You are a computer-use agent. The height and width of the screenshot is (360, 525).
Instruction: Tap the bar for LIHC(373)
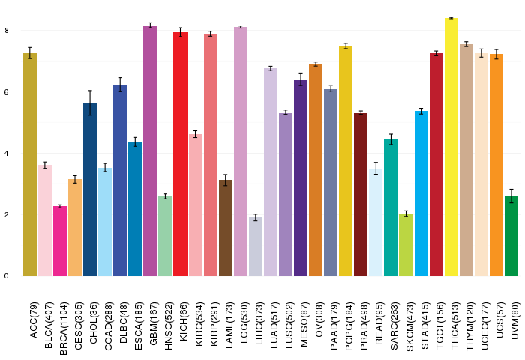click(256, 247)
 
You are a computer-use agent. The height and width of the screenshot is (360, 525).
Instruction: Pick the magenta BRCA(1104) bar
click(60, 241)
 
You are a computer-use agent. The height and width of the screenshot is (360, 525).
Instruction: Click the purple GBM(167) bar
click(150, 151)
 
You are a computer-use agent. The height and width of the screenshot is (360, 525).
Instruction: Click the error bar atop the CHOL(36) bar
click(90, 103)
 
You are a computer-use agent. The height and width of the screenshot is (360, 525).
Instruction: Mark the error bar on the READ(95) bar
click(376, 169)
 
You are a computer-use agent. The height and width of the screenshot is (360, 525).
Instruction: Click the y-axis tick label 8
click(6, 31)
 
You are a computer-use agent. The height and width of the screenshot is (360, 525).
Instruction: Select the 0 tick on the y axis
click(6, 276)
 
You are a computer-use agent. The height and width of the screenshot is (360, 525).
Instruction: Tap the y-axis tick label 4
click(6, 154)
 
